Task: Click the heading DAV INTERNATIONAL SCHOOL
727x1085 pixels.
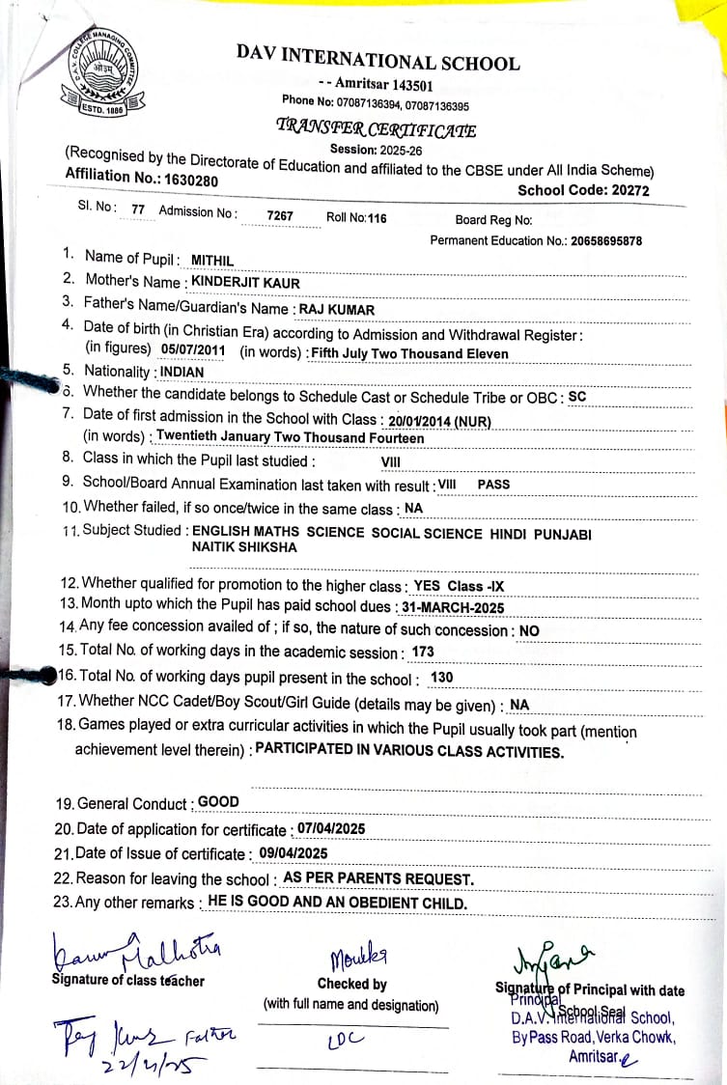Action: (x=377, y=57)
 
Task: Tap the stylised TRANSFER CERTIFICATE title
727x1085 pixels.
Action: (x=376, y=128)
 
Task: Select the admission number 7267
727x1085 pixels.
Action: (x=280, y=216)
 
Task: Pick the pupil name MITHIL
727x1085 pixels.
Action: (x=212, y=260)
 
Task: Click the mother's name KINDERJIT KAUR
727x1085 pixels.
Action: (x=246, y=283)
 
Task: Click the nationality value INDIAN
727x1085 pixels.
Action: (x=182, y=372)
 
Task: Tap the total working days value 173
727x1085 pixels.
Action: (x=423, y=653)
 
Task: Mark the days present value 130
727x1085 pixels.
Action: (x=441, y=678)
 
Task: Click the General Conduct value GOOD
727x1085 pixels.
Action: (x=218, y=801)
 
